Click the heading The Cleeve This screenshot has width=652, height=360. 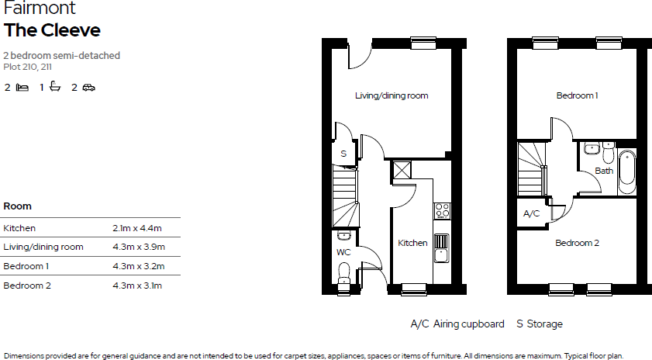tap(52, 30)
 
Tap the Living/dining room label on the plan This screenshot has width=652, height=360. tap(392, 95)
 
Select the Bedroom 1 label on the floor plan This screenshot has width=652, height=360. tap(577, 95)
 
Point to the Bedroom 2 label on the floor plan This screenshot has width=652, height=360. tap(577, 243)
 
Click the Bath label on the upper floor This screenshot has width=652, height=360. tap(604, 171)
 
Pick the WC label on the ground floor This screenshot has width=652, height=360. tap(343, 253)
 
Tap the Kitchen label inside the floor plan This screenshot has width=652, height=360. tap(412, 243)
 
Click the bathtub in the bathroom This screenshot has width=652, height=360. tap(627, 171)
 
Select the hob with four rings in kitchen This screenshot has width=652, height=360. tap(442, 210)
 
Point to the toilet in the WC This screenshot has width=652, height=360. tap(344, 274)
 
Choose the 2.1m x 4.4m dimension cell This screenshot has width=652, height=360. tap(137, 228)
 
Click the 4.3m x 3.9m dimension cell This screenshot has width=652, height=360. tap(137, 247)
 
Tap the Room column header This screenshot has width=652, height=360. tap(18, 206)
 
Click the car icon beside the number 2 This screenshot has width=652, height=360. tap(88, 88)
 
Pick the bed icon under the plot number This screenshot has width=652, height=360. tap(22, 88)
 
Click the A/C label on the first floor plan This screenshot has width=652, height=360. tap(532, 213)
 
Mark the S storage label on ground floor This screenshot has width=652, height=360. tap(343, 154)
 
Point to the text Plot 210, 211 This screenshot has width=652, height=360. tap(28, 67)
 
